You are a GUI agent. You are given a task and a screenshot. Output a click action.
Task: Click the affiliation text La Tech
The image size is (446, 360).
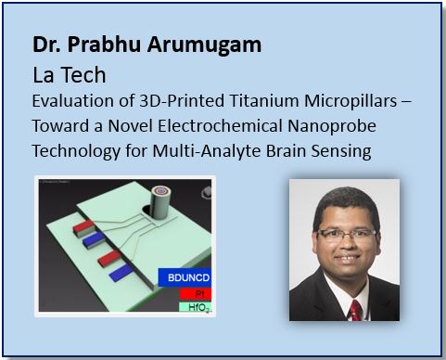[66, 72]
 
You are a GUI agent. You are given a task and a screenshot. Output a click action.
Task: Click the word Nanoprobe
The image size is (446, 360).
[313, 126]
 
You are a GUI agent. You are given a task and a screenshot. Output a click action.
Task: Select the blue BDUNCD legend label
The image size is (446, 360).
[184, 276]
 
